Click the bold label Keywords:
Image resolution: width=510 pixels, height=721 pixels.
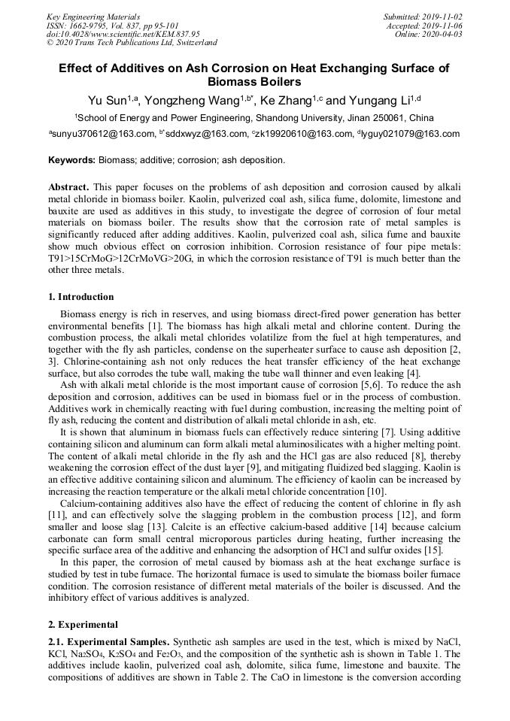(72, 160)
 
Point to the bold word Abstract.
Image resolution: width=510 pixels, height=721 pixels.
(68, 186)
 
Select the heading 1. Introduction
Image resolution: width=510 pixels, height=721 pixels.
(81, 297)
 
